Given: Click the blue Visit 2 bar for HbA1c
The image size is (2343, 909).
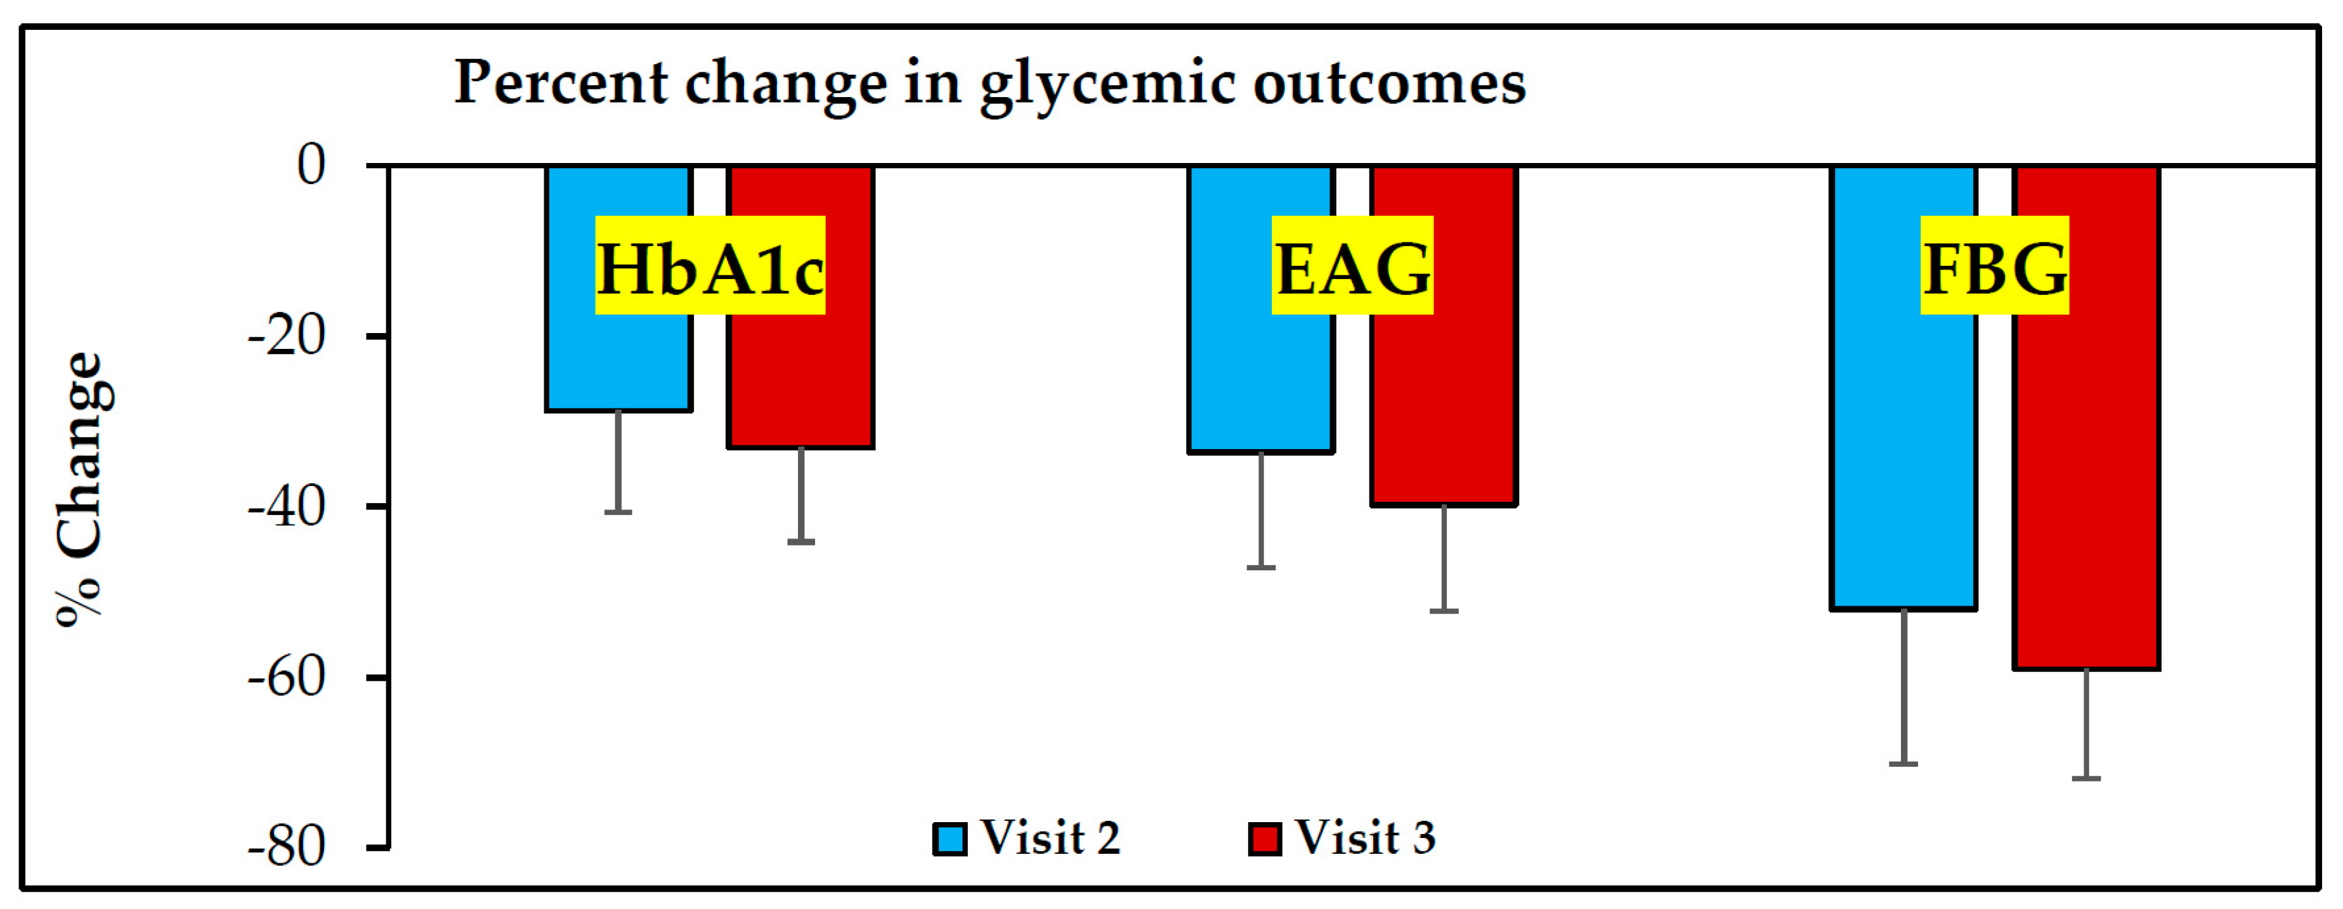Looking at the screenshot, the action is (x=618, y=364).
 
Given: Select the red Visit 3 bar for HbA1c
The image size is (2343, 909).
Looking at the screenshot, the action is (x=800, y=382).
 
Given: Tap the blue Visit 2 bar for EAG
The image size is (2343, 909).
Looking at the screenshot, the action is (x=1261, y=382).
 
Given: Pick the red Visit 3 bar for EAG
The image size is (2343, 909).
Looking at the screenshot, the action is (x=1444, y=409).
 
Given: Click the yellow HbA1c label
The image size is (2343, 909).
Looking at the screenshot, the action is (x=710, y=266).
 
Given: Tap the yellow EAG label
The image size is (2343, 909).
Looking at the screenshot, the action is (x=1352, y=266).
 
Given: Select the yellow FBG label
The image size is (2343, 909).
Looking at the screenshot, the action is (x=1995, y=266).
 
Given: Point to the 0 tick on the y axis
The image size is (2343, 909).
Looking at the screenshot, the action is (x=311, y=166).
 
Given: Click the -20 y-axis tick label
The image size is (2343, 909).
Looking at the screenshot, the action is (x=287, y=337).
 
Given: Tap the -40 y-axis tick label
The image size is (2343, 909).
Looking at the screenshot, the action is (x=287, y=507).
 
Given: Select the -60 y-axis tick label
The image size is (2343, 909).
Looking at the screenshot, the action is (x=287, y=678).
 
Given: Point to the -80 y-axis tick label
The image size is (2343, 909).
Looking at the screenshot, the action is (x=287, y=848).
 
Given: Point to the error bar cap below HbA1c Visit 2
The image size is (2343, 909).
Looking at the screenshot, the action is (x=618, y=513).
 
